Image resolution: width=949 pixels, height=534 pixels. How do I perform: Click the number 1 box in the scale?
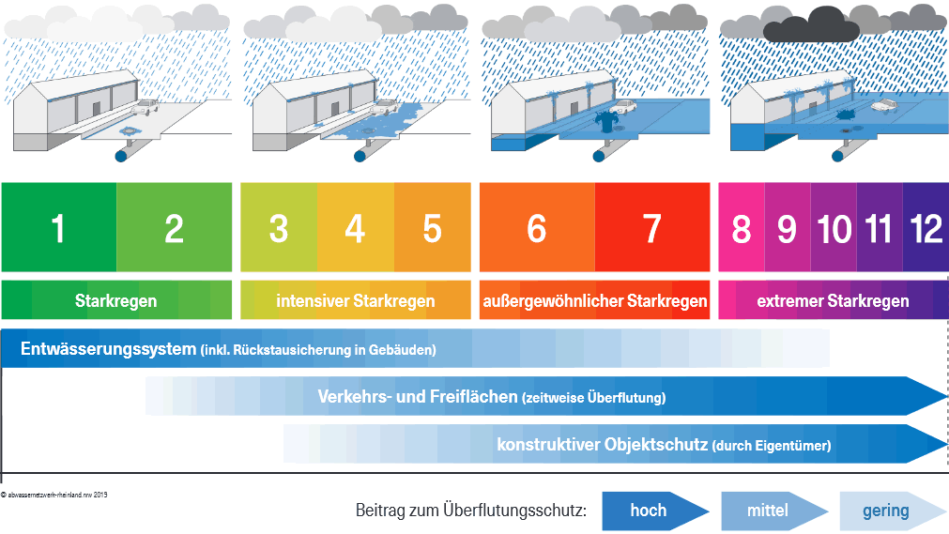click(59, 228)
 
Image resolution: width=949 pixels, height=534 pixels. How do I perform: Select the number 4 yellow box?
click(355, 228)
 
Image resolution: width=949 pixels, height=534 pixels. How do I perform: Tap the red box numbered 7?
click(651, 228)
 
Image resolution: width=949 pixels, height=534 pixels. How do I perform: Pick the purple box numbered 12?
click(925, 228)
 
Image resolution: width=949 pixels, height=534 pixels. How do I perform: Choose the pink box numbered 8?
click(742, 228)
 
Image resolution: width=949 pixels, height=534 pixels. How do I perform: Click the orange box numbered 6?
click(537, 228)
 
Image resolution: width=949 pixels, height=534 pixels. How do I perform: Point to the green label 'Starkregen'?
click(115, 301)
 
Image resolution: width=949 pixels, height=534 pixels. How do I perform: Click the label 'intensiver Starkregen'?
click(355, 301)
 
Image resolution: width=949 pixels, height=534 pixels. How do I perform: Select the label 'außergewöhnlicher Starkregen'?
click(594, 301)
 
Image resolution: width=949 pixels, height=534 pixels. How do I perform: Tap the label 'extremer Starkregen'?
click(833, 301)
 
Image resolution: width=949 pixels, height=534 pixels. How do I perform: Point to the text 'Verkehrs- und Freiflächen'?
click(417, 396)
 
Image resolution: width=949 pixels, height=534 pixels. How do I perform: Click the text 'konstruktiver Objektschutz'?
click(602, 444)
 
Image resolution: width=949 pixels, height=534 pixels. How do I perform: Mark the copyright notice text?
click(54, 494)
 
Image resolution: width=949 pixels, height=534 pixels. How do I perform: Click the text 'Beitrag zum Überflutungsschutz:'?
click(471, 511)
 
